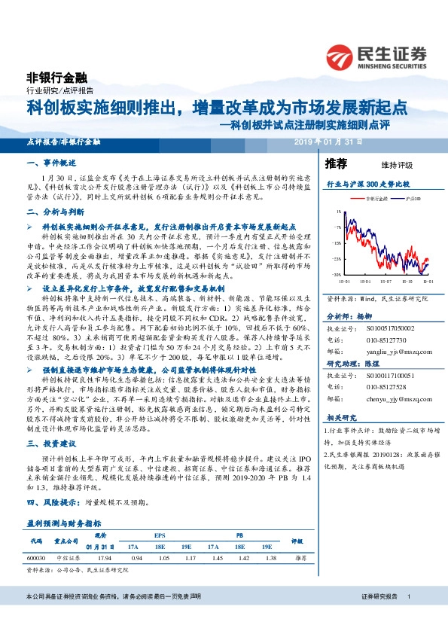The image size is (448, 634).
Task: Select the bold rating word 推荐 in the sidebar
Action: [336, 163]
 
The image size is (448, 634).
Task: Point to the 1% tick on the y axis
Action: [339, 212]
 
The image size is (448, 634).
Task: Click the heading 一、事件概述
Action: [49, 163]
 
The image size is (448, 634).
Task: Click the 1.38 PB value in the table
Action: [265, 558]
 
